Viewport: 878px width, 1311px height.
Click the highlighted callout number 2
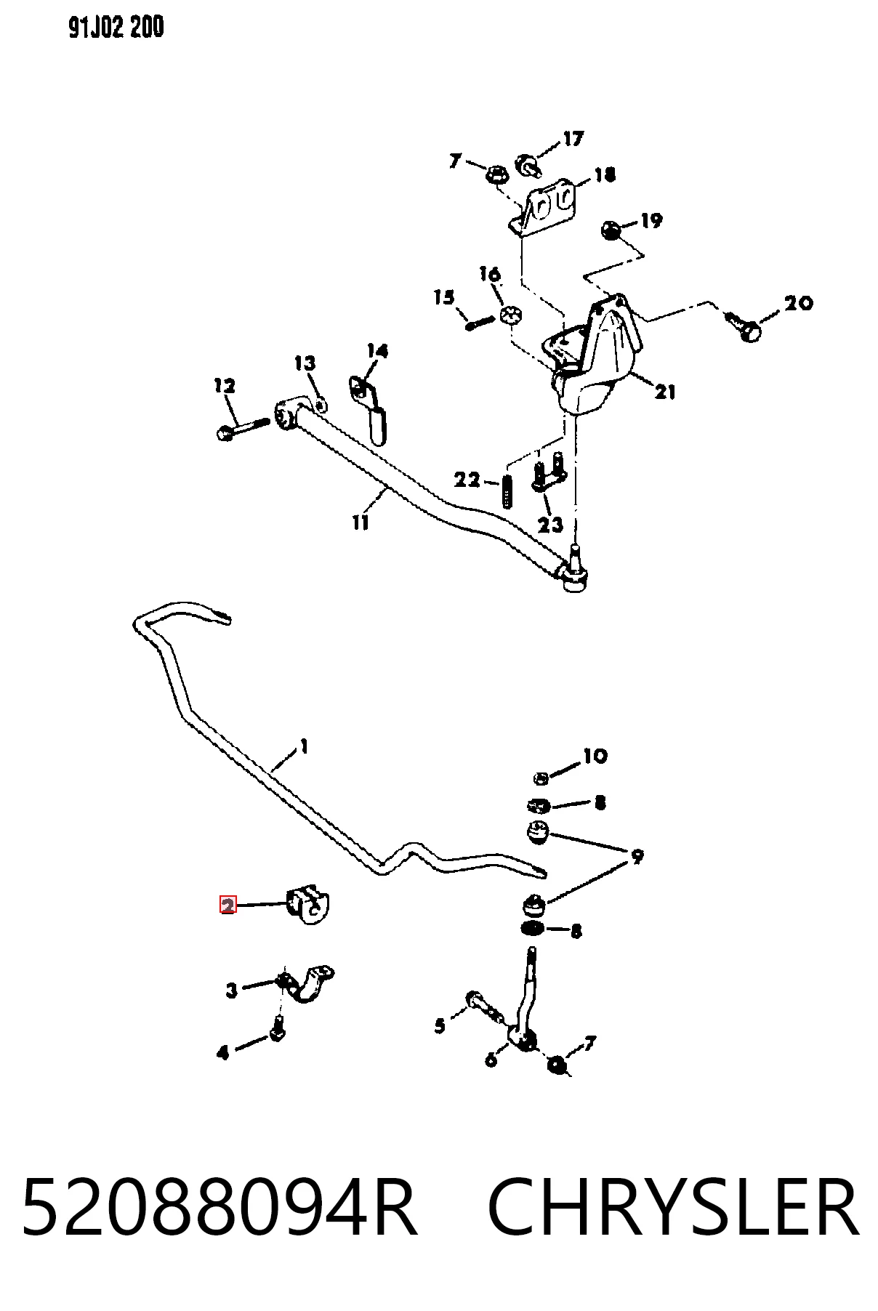point(228,905)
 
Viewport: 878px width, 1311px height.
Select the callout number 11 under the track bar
point(361,522)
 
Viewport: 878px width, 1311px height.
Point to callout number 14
point(377,351)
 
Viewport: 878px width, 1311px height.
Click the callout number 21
point(665,392)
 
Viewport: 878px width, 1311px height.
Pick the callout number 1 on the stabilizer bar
point(304,746)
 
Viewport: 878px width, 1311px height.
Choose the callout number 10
point(595,756)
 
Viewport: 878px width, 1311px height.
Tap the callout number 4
point(223,1052)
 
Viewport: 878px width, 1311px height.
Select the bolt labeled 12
point(242,427)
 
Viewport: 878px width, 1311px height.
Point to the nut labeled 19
point(611,231)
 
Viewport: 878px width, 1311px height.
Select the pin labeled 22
point(507,492)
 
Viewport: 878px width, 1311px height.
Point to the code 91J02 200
point(117,28)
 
